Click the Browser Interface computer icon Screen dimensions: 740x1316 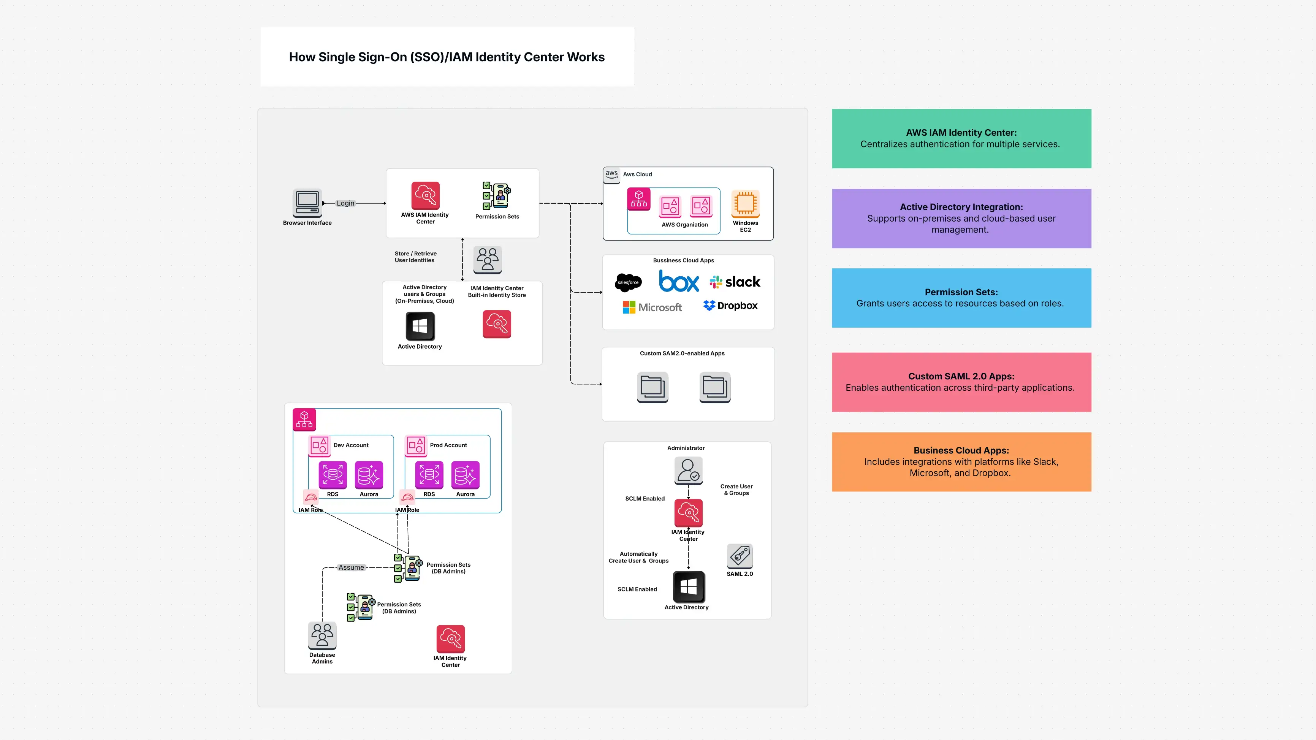(x=307, y=203)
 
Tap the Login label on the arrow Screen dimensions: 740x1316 (x=345, y=203)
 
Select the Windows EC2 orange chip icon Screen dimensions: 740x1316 (x=745, y=203)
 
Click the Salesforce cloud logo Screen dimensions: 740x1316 (x=628, y=282)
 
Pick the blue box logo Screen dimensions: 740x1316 (x=678, y=282)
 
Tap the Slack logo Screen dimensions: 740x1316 (x=735, y=282)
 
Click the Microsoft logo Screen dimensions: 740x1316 (x=652, y=307)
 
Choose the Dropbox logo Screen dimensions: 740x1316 (x=730, y=306)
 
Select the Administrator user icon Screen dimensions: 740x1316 (x=688, y=470)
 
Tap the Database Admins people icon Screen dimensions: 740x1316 (x=322, y=635)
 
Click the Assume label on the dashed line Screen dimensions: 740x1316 (x=351, y=567)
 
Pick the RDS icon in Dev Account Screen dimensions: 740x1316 (x=333, y=475)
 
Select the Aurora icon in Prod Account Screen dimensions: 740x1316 (x=465, y=475)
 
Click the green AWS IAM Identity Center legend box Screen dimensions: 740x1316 (x=961, y=138)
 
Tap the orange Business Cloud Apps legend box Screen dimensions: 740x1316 (x=961, y=461)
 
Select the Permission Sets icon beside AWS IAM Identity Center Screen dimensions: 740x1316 (x=497, y=195)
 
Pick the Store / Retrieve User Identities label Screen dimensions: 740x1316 (x=415, y=257)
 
